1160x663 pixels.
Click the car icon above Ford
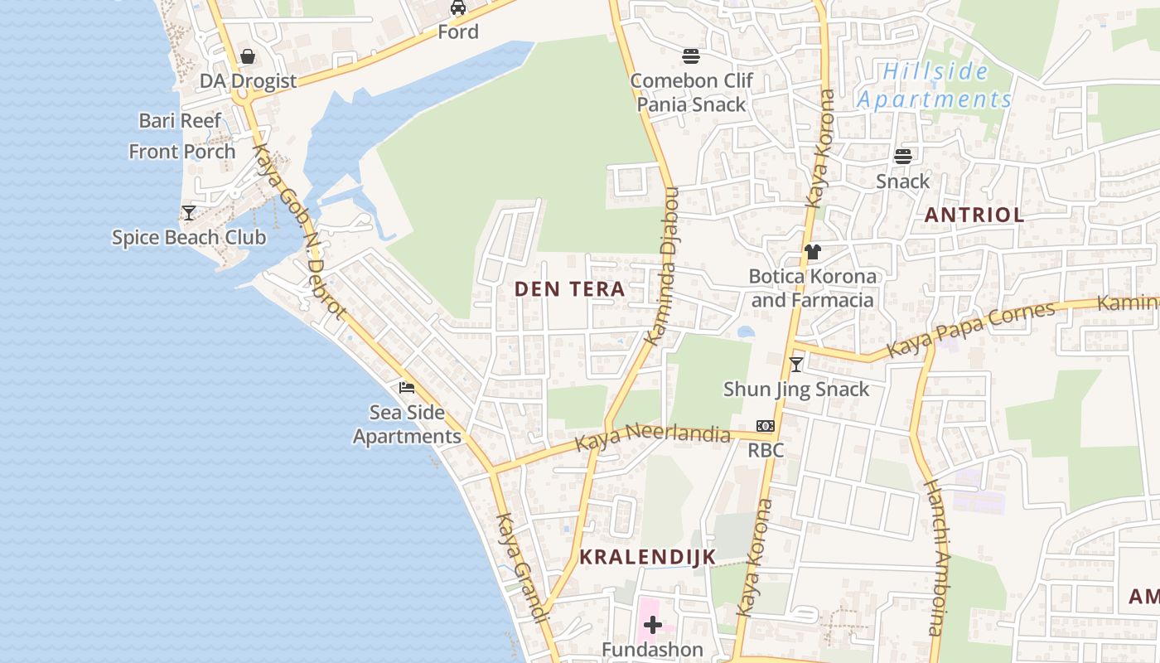457,8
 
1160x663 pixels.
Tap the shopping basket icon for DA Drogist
247,56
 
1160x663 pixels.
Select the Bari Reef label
180,121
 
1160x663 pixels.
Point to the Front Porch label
182,152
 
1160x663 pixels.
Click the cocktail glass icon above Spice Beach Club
189,213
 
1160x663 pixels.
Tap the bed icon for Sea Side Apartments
407,388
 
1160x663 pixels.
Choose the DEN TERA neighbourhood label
569,289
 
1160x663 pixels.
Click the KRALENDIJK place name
647,557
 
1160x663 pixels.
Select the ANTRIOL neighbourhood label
974,215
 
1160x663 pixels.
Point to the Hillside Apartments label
935,85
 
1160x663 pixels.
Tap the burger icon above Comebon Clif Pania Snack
691,56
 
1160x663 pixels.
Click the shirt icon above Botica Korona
812,252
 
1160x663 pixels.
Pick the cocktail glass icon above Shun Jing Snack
796,364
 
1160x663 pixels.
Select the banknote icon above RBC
765,426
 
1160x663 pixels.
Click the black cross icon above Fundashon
653,624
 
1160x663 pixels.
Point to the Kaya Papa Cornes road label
971,329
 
